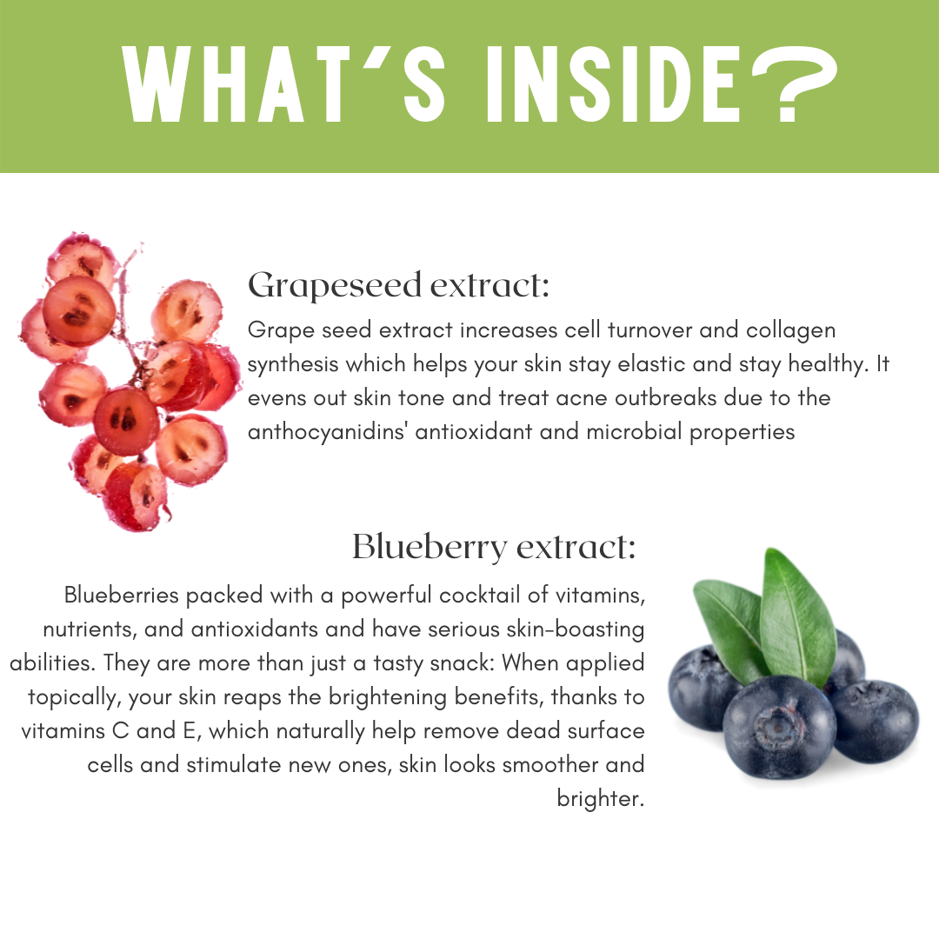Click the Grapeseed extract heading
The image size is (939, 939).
pyautogui.click(x=398, y=285)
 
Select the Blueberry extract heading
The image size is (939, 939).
pyautogui.click(x=494, y=547)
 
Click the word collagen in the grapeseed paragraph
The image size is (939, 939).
pyautogui.click(x=790, y=331)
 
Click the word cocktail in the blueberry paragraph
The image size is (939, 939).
pyautogui.click(x=479, y=595)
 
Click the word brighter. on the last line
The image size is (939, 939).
pyautogui.click(x=600, y=799)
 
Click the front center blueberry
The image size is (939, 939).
pyautogui.click(x=778, y=726)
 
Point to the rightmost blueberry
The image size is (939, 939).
pyautogui.click(x=876, y=721)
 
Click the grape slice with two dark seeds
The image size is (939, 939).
pyautogui.click(x=125, y=420)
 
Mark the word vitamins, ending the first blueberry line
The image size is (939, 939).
pyautogui.click(x=601, y=596)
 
